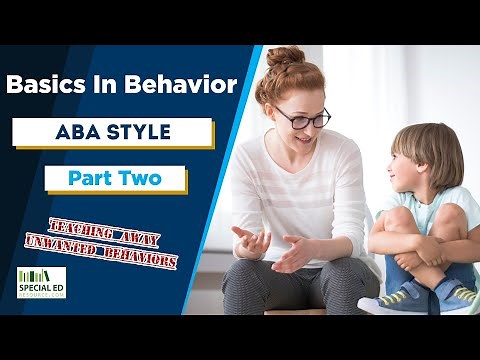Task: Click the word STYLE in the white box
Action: [x=144, y=132]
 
